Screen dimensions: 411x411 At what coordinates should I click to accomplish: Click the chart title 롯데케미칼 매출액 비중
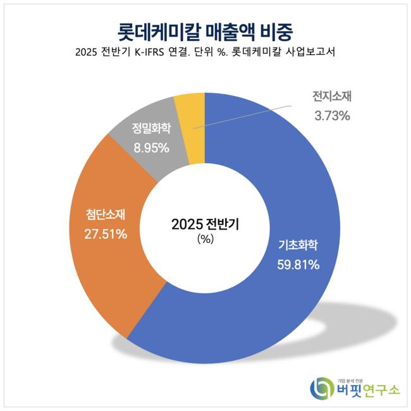pyautogui.click(x=205, y=30)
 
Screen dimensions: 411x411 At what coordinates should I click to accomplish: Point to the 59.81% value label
pyautogui.click(x=298, y=264)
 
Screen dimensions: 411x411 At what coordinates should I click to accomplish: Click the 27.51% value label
pyautogui.click(x=106, y=234)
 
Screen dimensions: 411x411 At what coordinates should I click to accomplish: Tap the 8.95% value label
pyautogui.click(x=150, y=148)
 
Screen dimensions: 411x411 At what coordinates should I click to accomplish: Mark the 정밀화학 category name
pyautogui.click(x=150, y=129)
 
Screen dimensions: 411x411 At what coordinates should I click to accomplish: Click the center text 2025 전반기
pyautogui.click(x=205, y=224)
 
